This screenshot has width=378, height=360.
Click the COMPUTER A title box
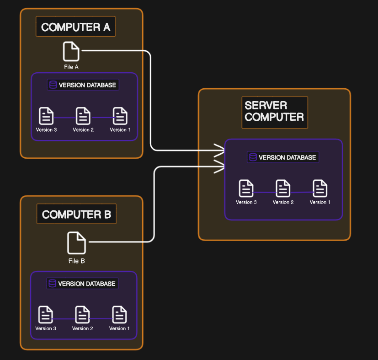coord(75,27)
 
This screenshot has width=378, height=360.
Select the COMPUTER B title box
coord(76,214)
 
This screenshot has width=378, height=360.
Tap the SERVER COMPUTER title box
coord(275,112)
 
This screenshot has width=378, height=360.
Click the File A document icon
coord(71,51)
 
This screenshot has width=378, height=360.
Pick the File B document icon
coord(76,243)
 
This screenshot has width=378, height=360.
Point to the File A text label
coord(71,67)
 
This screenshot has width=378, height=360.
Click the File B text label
coord(76,261)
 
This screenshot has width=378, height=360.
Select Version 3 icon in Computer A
coord(46,116)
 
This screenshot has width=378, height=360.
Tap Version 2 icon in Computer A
coord(83,116)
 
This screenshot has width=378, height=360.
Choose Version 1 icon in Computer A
coord(120,116)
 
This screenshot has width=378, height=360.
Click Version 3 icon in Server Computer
coord(246,188)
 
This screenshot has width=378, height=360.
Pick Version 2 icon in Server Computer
coord(283,188)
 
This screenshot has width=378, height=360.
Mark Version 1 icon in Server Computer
coord(320,188)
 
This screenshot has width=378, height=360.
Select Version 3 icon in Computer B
coord(46,315)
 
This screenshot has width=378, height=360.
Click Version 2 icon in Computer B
coord(82,315)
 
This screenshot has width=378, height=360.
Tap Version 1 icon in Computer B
coord(119,315)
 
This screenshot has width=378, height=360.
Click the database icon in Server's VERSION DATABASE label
coord(253,157)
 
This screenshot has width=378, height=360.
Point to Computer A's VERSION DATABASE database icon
coord(53,85)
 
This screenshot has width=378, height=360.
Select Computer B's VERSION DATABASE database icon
coord(53,284)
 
